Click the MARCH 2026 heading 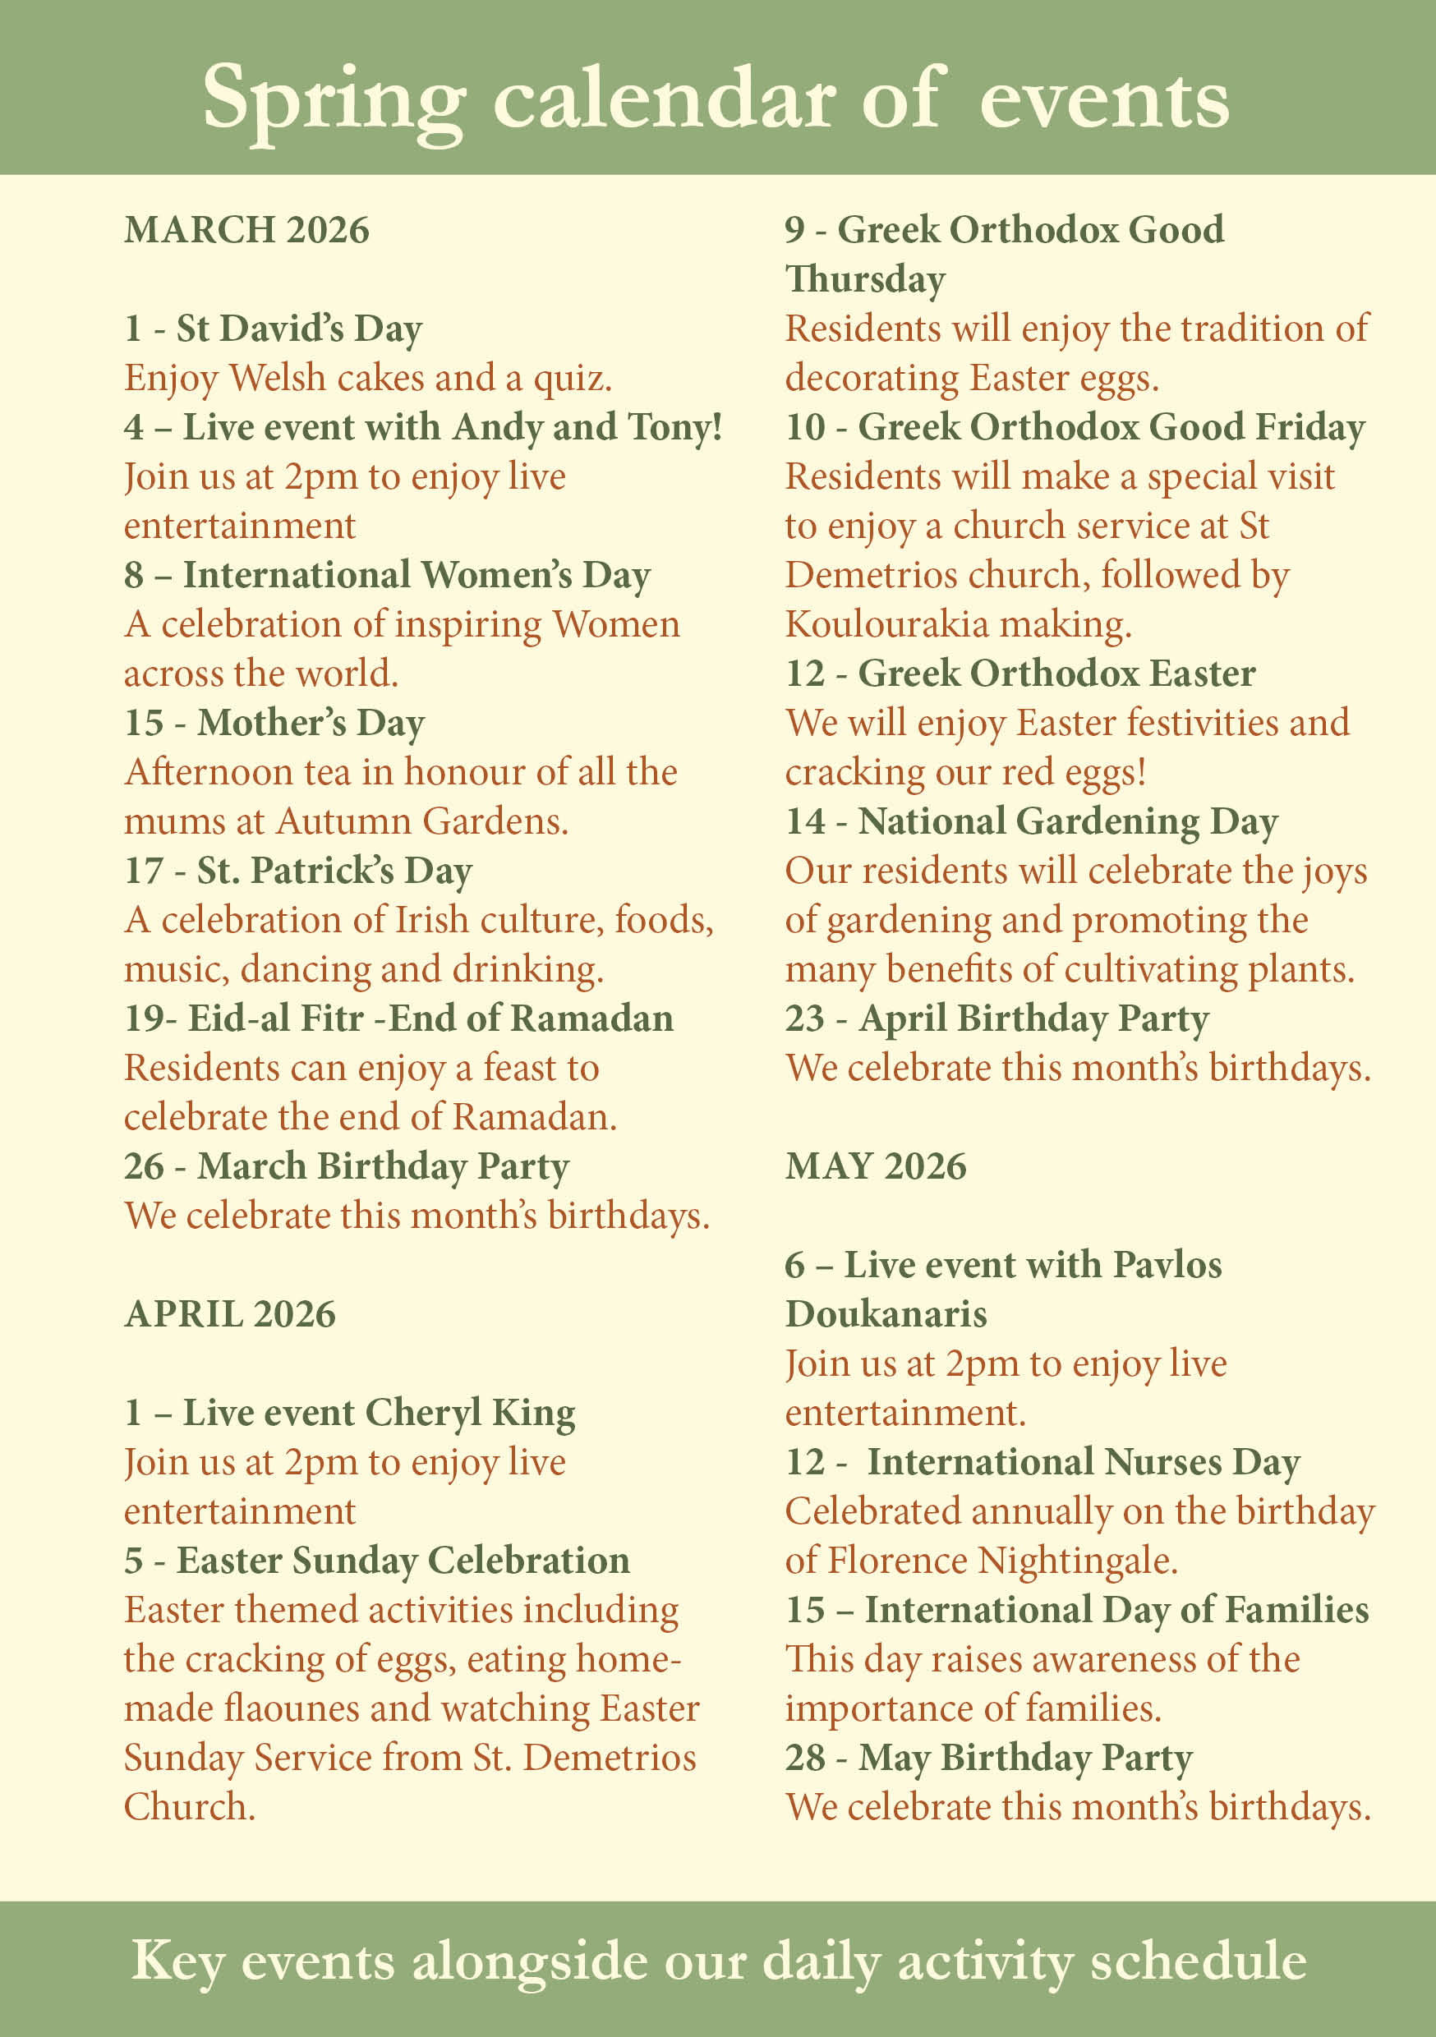click(x=246, y=230)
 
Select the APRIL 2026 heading click(x=230, y=1314)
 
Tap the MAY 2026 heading click(x=875, y=1166)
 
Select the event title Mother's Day click(x=311, y=722)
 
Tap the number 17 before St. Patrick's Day click(x=144, y=871)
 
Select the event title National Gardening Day click(x=1068, y=821)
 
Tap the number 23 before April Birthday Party click(x=804, y=1018)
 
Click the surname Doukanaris click(x=886, y=1314)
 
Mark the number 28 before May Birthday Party click(x=804, y=1758)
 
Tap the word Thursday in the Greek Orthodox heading click(x=865, y=278)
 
